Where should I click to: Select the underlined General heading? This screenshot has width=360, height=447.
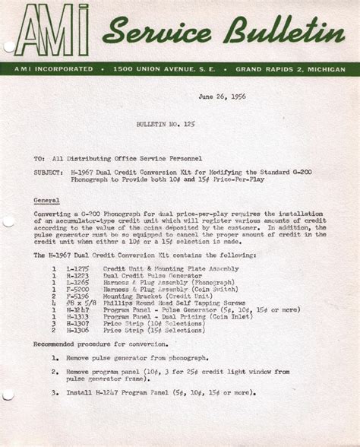(48, 200)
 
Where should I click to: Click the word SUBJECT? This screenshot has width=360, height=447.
(49, 173)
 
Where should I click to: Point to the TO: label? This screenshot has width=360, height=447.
(39, 159)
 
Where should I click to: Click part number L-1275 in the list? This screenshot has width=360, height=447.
(77, 268)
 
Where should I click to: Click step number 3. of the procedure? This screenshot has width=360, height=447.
(55, 392)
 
